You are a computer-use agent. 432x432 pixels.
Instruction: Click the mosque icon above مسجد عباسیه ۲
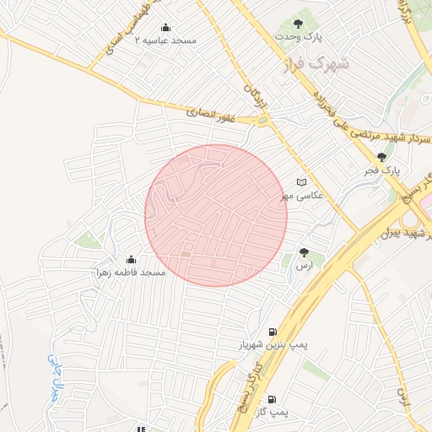coord(164,27)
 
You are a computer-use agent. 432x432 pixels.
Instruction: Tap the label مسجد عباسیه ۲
coord(170,40)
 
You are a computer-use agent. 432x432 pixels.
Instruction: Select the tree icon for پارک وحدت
coord(298,23)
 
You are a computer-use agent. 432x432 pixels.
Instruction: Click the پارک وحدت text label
coord(301,36)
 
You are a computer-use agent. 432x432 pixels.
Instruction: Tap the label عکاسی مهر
coord(303,195)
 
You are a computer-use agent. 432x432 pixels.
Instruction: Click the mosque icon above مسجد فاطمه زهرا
coord(131,259)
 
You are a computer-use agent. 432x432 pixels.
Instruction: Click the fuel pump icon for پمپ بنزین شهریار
coord(272,331)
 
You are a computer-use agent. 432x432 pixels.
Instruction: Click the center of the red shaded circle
coord(216,215)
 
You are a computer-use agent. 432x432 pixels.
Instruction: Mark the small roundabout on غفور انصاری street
coord(262,121)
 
